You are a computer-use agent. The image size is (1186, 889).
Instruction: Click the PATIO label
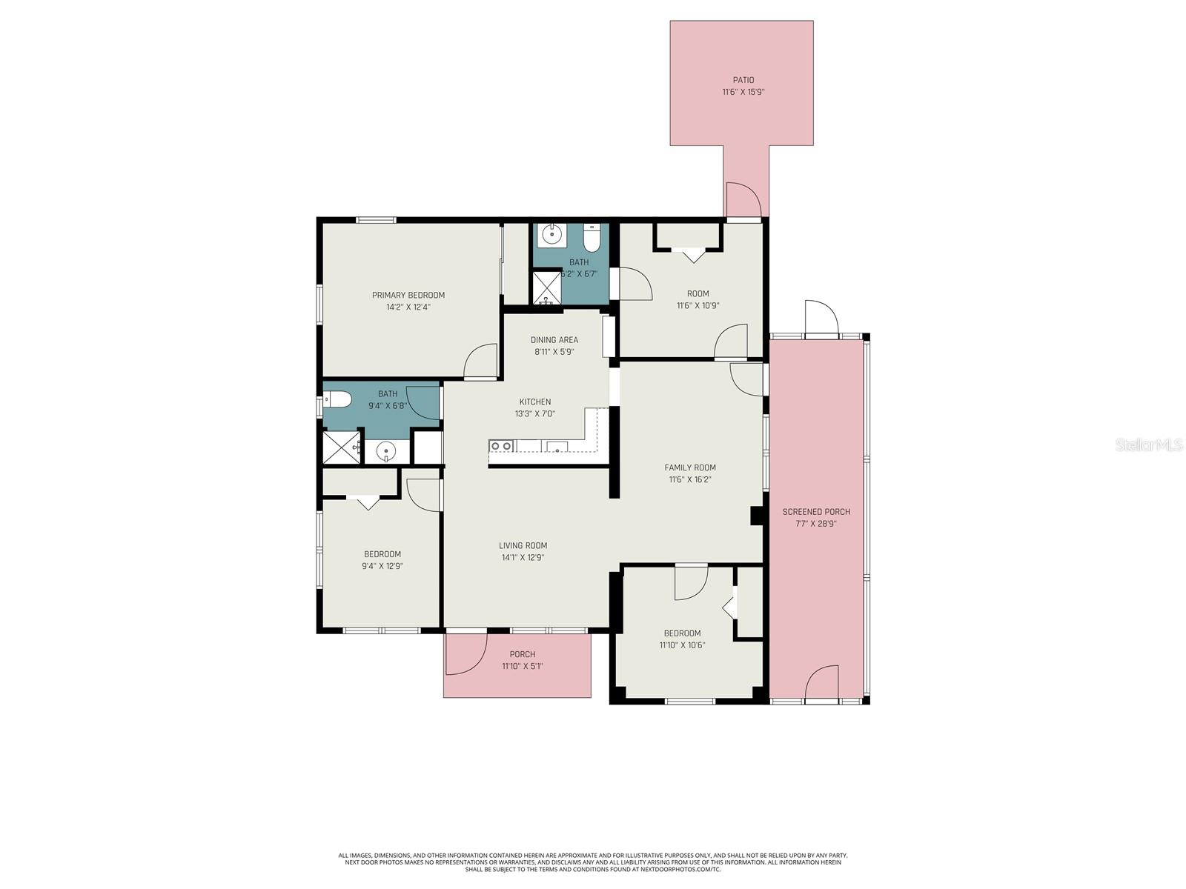[x=743, y=80]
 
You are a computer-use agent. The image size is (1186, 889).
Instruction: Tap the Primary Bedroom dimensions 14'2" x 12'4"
[x=408, y=307]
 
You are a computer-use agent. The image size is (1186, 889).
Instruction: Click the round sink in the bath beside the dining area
[x=551, y=235]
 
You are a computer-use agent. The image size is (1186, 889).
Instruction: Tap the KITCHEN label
[x=534, y=402]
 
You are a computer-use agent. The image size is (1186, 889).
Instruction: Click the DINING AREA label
[x=554, y=340]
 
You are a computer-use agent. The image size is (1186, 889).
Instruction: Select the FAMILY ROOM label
[x=689, y=467]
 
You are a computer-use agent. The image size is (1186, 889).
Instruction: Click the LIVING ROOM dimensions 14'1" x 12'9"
[x=523, y=558]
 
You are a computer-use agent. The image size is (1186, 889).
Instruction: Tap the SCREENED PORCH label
[x=816, y=512]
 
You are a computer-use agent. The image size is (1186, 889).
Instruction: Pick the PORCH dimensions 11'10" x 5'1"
[x=522, y=666]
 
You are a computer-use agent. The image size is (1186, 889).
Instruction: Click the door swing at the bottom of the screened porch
[x=821, y=682]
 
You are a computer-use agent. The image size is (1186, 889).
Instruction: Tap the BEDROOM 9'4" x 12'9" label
[x=382, y=554]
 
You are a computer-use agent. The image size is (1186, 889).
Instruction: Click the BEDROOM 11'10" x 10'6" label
[x=682, y=633]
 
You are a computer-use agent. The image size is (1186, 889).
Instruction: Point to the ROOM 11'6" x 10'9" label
[x=698, y=293]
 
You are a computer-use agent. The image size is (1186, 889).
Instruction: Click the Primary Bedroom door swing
[x=481, y=362]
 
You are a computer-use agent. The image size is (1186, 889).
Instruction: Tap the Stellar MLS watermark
[x=1149, y=445]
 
